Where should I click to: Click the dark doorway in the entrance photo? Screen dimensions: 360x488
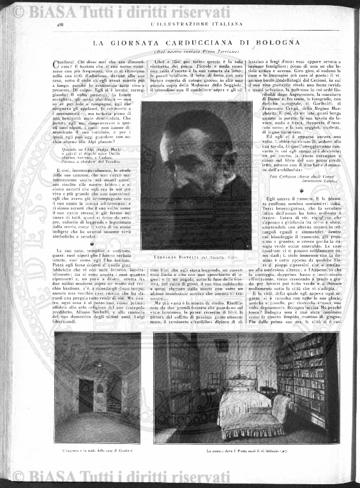[x=79, y=396]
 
